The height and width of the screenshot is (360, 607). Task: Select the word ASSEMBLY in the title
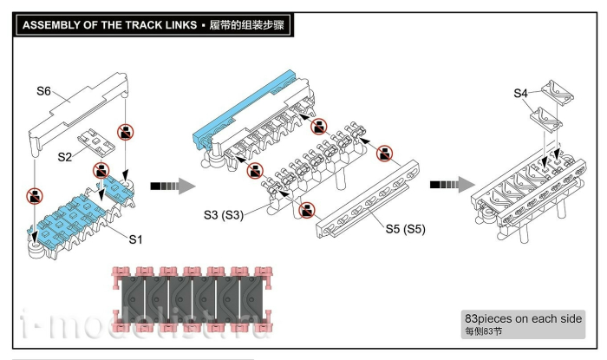pyautogui.click(x=51, y=25)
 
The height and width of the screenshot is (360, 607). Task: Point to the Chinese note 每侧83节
pyautogui.click(x=486, y=331)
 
